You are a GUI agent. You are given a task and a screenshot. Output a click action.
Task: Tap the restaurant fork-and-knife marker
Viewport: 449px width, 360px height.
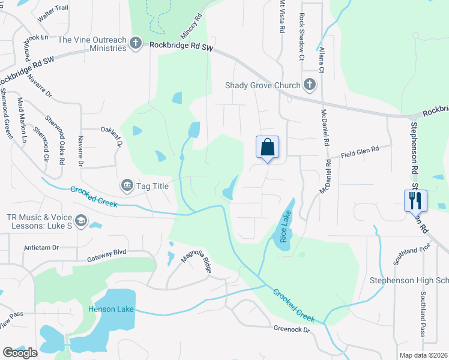pyautogui.click(x=415, y=200)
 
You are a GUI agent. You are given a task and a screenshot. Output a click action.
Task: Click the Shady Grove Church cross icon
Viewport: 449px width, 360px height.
pyautogui.click(x=309, y=85)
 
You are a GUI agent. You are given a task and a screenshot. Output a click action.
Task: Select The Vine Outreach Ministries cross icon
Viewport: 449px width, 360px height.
pyautogui.click(x=137, y=43)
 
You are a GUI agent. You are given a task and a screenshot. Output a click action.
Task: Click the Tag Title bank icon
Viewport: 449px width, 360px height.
pyautogui.click(x=127, y=186)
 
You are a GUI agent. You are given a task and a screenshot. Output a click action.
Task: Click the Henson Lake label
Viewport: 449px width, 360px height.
pyautogui.click(x=109, y=309)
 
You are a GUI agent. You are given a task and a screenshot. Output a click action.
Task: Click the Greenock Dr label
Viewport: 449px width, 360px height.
pyautogui.click(x=292, y=329)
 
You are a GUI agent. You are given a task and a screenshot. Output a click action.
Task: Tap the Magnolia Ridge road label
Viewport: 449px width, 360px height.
pyautogui.click(x=197, y=262)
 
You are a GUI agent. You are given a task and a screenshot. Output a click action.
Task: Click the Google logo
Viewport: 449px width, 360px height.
pyautogui.click(x=20, y=353)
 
